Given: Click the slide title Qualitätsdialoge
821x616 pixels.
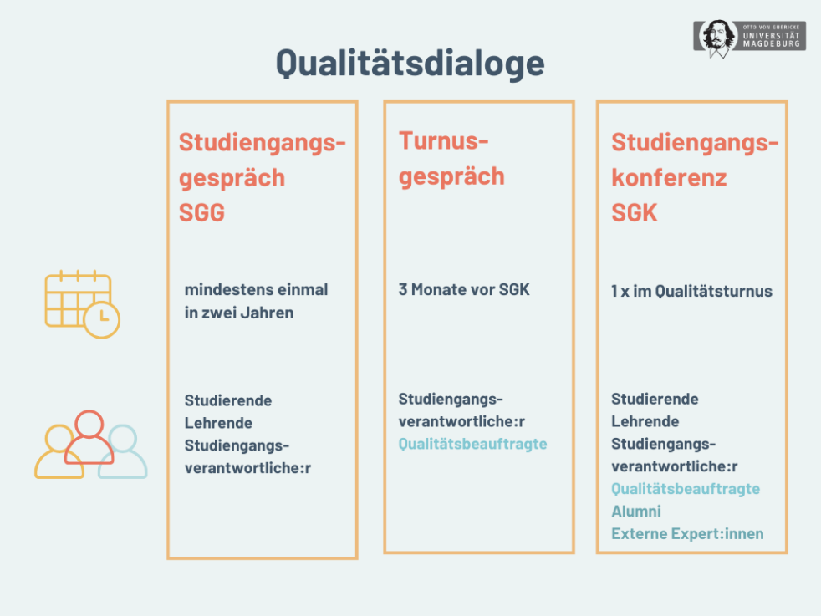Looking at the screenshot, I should tap(410, 64).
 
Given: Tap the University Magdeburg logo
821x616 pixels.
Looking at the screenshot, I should tap(749, 38).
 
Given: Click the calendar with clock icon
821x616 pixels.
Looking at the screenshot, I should tap(80, 303).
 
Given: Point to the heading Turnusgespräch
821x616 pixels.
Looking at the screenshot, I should tap(452, 159).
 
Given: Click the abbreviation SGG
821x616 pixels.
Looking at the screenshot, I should tap(201, 213).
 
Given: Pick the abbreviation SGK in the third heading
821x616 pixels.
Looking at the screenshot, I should tap(635, 213).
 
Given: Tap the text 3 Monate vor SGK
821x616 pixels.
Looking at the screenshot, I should tap(464, 290).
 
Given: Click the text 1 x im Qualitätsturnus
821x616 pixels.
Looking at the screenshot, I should tap(691, 291).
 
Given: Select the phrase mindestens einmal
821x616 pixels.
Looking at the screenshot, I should tap(256, 290).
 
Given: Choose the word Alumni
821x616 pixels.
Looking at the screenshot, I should tap(635, 511).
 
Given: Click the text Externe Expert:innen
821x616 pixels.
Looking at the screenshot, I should tap(687, 533).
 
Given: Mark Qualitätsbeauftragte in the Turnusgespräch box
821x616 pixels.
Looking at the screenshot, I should tap(472, 444).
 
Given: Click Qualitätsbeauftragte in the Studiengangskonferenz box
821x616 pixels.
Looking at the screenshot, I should tap(686, 488).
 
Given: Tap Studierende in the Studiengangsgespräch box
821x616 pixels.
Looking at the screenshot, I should tap(228, 400).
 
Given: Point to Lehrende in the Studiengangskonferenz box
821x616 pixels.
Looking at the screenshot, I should tap(645, 421).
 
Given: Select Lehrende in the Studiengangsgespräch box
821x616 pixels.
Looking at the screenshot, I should tap(218, 423).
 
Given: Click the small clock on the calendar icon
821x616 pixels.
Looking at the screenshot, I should tap(102, 319).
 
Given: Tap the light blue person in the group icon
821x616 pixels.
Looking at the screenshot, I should tap(123, 451).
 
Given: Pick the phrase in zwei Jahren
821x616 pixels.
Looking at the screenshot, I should tap(239, 313).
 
